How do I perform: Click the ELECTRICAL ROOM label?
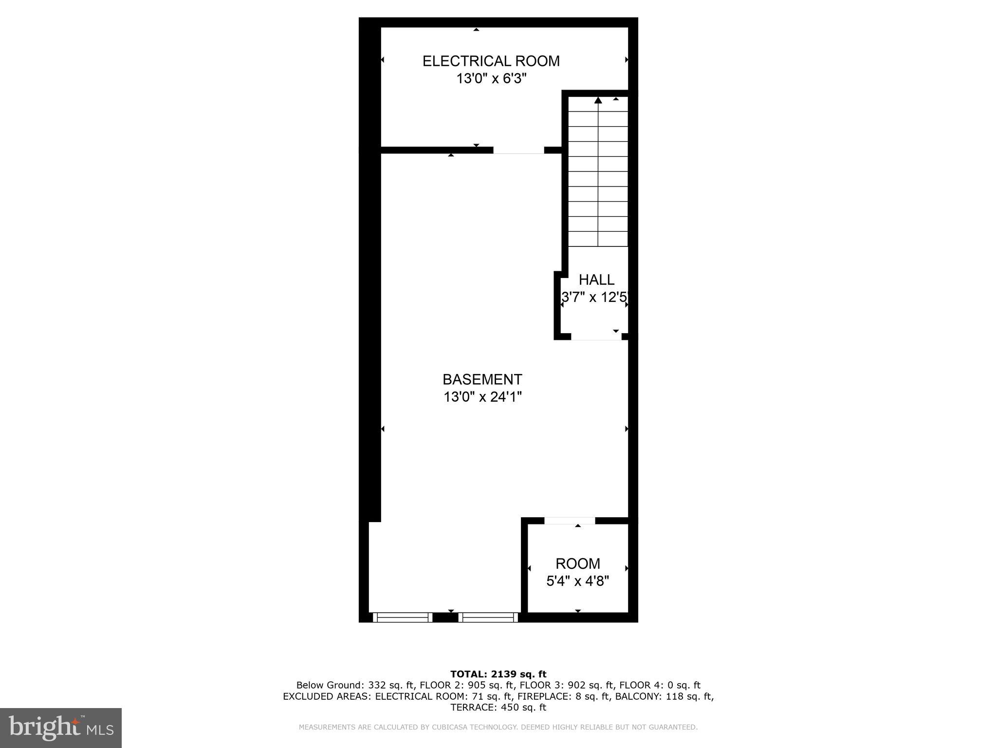pos(491,61)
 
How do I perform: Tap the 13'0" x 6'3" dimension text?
pos(491,78)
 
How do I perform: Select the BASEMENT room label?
pos(482,379)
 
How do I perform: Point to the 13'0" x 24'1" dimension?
pos(482,397)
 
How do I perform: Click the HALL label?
pos(596,280)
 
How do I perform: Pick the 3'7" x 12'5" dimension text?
pos(595,297)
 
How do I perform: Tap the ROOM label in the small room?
pos(578,563)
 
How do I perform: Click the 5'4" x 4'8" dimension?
pos(578,581)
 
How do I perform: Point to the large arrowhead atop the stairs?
pos(598,101)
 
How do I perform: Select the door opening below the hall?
pos(596,337)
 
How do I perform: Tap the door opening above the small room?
pos(570,521)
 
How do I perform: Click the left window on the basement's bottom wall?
pos(403,617)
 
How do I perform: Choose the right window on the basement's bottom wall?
pos(488,617)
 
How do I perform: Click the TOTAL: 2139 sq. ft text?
pos(498,674)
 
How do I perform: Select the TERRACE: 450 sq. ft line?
pos(498,708)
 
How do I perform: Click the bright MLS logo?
pos(61,728)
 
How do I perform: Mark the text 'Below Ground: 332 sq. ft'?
pos(354,686)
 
